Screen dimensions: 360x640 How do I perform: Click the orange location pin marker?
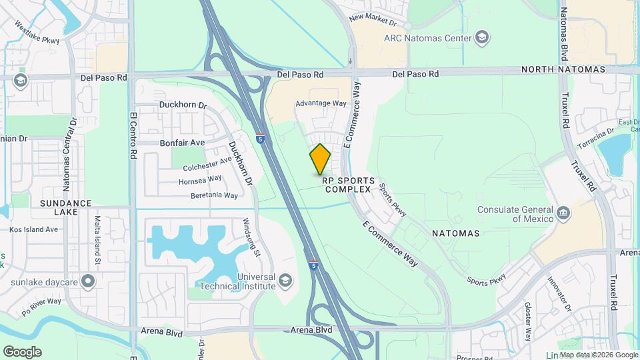320,159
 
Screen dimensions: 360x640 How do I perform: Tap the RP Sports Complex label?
347,185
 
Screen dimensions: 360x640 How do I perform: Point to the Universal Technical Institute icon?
285,279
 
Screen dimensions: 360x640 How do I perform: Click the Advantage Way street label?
321,103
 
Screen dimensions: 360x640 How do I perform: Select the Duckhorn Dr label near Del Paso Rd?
183,105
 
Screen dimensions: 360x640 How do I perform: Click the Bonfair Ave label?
182,143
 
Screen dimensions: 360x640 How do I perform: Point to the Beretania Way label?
214,195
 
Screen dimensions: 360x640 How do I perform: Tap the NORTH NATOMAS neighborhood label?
563,69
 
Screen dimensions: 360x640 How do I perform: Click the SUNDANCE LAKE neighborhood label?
65,207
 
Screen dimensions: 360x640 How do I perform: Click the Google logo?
22,351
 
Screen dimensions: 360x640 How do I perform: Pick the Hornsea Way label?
200,180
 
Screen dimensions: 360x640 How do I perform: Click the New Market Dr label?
377,17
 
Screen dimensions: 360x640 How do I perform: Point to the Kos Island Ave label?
34,229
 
